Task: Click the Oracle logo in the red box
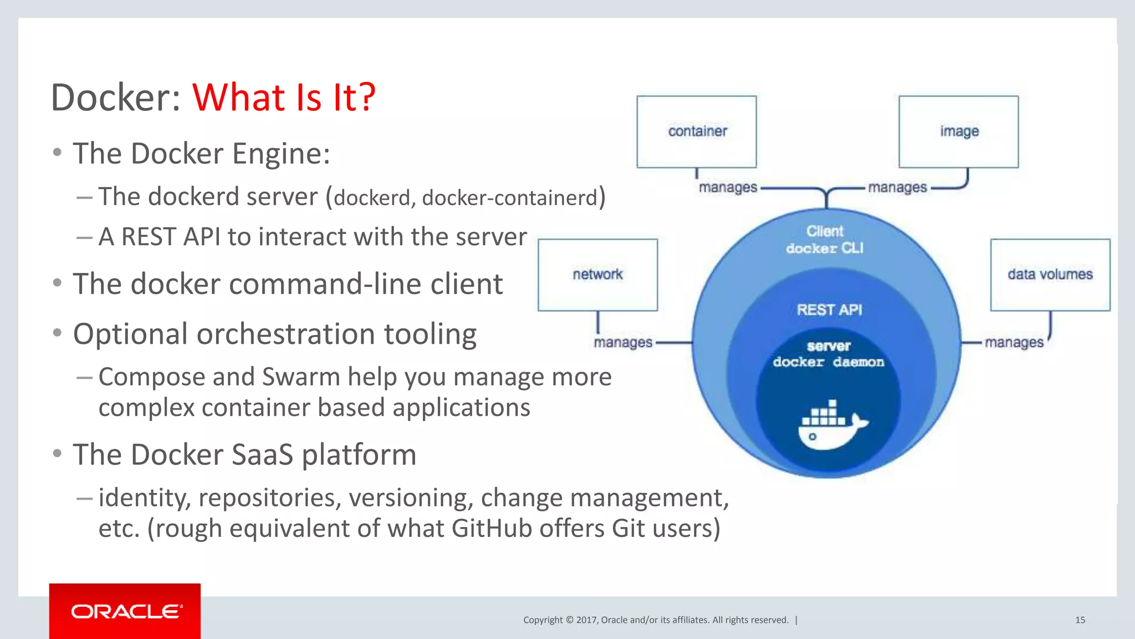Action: pos(125,611)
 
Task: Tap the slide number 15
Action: pos(1080,620)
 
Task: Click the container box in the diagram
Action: pos(697,131)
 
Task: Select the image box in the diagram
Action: pos(958,131)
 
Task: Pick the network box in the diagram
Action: pos(597,275)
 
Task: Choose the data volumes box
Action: pos(1050,275)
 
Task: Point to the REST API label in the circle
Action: pos(829,310)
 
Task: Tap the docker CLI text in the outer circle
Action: pos(825,248)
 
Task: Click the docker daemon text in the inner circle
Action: pos(829,362)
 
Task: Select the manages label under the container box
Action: pos(728,187)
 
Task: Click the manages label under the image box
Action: pos(897,187)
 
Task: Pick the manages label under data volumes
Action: pos(1014,343)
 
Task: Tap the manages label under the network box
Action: pos(623,343)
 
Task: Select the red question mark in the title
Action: pos(366,98)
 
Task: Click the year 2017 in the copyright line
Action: pos(586,620)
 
